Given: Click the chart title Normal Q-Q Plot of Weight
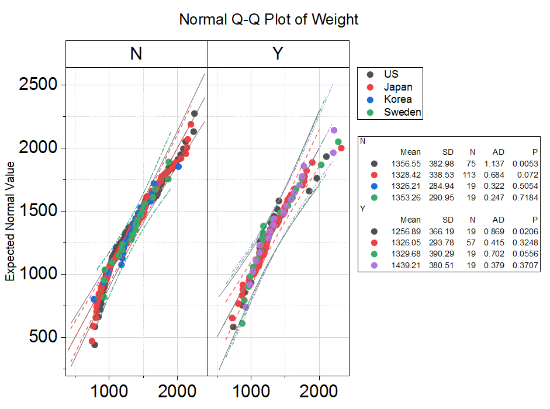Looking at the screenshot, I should click(268, 19).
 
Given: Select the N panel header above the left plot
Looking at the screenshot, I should click(136, 54).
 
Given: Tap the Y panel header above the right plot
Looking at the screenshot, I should click(278, 54).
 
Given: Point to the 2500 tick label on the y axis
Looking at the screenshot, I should click(38, 85).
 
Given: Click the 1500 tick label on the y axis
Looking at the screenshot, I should click(38, 211).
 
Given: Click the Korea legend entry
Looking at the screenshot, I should click(397, 99).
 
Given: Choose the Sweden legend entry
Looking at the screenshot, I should click(402, 112).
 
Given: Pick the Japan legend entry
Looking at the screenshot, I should click(398, 87).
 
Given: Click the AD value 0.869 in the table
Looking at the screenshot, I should click(497, 231).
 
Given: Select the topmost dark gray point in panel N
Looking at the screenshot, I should click(194, 114).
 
